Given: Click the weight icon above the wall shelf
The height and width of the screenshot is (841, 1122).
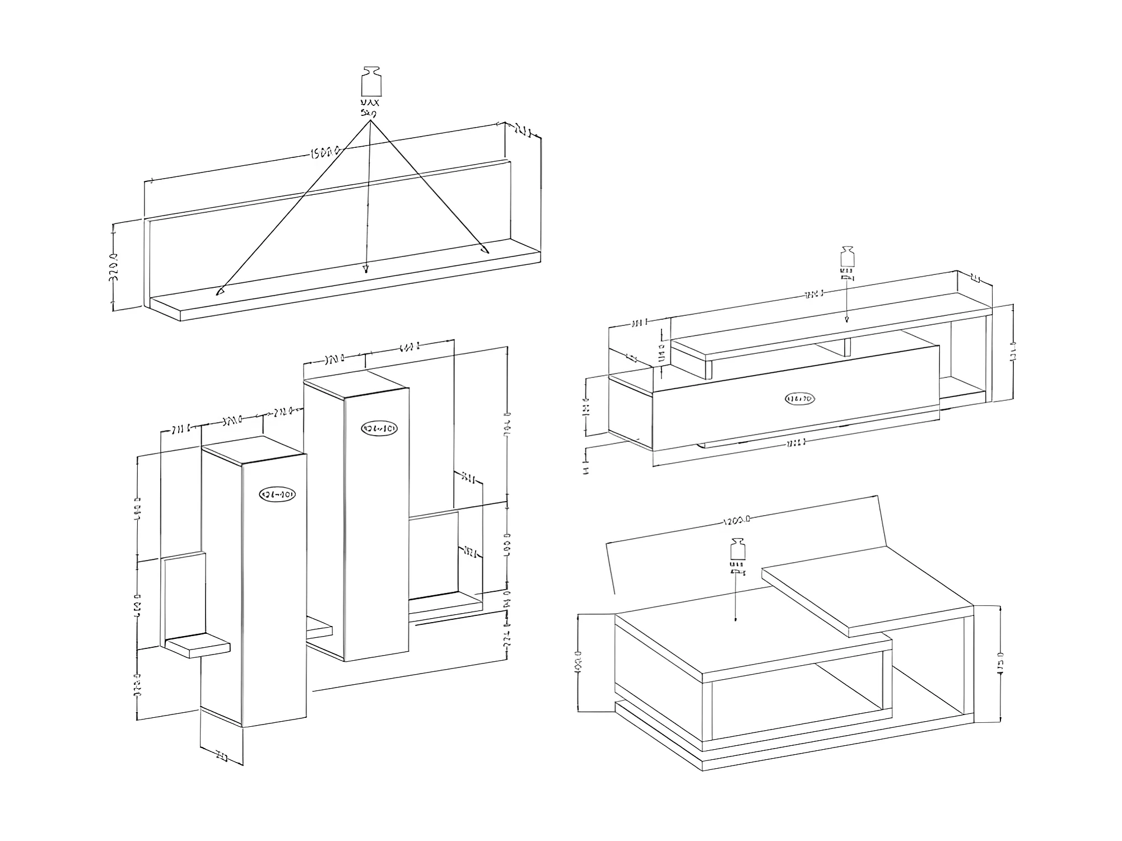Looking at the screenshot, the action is pyautogui.click(x=371, y=82).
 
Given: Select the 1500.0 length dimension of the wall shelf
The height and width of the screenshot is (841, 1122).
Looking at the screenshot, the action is pyautogui.click(x=324, y=152).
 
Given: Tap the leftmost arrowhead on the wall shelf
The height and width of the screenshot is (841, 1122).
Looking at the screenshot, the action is pyautogui.click(x=220, y=291).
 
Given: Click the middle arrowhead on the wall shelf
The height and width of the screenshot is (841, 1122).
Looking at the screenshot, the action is pyautogui.click(x=366, y=268).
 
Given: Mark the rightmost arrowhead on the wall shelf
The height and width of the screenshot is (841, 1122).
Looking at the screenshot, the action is pyautogui.click(x=485, y=248).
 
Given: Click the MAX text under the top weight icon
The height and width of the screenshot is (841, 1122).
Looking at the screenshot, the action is pyautogui.click(x=370, y=103).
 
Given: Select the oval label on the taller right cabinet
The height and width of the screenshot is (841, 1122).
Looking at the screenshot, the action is pyautogui.click(x=380, y=428).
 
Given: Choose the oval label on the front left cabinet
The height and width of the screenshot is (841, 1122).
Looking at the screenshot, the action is pyautogui.click(x=277, y=494).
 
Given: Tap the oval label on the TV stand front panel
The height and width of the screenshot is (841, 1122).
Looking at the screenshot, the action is pyautogui.click(x=799, y=399).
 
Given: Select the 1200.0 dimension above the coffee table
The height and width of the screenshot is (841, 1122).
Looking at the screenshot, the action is pyautogui.click(x=736, y=521).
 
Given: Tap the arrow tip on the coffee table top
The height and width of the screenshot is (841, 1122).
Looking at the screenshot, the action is pyautogui.click(x=735, y=619).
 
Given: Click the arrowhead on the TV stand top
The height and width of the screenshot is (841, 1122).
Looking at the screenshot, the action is pyautogui.click(x=847, y=319).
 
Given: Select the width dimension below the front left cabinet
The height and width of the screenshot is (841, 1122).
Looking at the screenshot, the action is pyautogui.click(x=222, y=758).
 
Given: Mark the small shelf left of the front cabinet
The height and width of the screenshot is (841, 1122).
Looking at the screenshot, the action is pyautogui.click(x=197, y=646).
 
